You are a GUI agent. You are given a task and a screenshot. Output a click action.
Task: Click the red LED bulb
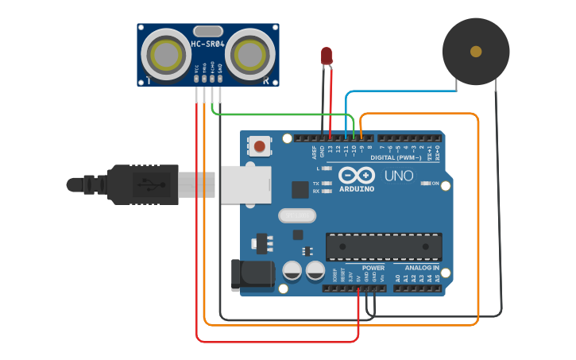[x=327, y=55]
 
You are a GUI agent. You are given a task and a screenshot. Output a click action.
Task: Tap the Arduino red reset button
[x=260, y=145]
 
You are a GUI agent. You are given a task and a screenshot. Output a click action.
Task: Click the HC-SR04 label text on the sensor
[x=207, y=44]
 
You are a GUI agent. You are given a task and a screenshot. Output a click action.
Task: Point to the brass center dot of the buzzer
[x=476, y=52]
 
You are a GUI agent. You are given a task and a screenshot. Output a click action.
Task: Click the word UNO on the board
[x=399, y=176]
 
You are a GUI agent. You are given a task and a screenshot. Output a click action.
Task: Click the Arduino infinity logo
[x=357, y=175]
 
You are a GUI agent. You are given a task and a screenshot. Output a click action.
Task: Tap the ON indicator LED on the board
[x=424, y=184]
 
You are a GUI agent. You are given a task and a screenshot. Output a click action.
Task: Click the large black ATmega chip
[x=384, y=246]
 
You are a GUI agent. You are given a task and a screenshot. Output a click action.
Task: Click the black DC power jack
[x=251, y=274]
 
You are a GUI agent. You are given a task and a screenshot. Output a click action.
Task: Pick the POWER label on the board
[x=373, y=268]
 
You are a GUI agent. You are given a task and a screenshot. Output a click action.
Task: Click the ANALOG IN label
[x=421, y=268]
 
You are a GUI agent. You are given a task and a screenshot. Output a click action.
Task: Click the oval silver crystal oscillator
[x=297, y=215]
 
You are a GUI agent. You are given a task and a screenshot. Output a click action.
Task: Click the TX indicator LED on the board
[x=326, y=183]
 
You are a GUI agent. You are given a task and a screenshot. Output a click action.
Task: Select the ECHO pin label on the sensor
[x=212, y=71]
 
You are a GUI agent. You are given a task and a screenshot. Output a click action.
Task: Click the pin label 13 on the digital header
[x=330, y=149]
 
